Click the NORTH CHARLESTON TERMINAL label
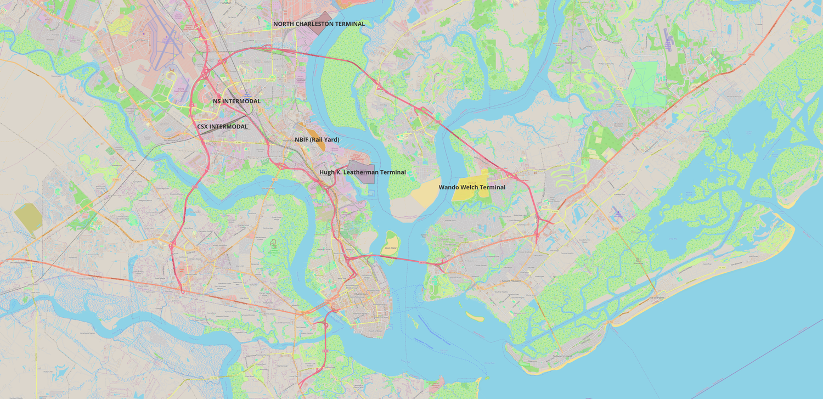pyautogui.click(x=319, y=24)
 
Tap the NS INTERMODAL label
pyautogui.click(x=236, y=102)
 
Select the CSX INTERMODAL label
pyautogui.click(x=222, y=127)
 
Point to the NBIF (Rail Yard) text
pyautogui.click(x=317, y=140)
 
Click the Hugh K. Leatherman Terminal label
pyautogui.click(x=363, y=172)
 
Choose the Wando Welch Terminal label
pyautogui.click(x=472, y=188)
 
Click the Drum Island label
pyautogui.click(x=390, y=248)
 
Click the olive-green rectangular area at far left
pyautogui.click(x=28, y=218)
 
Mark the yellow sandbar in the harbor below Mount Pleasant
pyautogui.click(x=475, y=317)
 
